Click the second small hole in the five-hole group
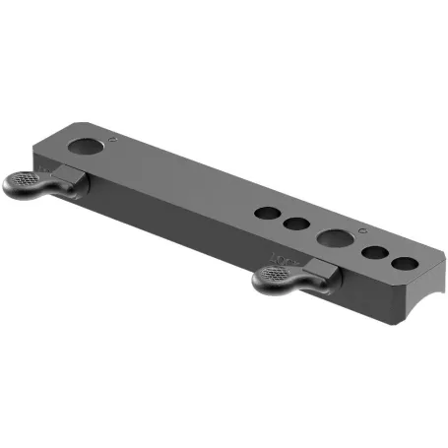(295, 224)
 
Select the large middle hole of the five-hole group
(333, 238)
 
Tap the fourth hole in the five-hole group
(375, 253)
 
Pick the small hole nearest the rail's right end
(404, 264)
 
